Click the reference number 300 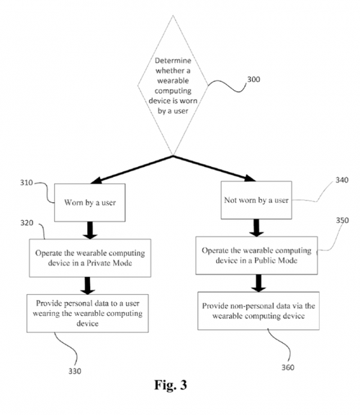tap(253, 79)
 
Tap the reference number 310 tap(27, 183)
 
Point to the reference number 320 tap(27, 223)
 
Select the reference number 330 tap(75, 371)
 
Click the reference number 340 tap(342, 180)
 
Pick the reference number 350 tap(342, 220)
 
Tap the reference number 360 tap(288, 368)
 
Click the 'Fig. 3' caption tap(171, 385)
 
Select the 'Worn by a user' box tap(90, 203)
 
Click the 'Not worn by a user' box tap(256, 200)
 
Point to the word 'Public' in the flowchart tap(265, 260)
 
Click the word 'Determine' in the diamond tap(173, 60)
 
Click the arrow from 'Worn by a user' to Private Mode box tap(90, 230)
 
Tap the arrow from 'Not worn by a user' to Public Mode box tap(256, 228)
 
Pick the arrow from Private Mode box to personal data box tap(88, 286)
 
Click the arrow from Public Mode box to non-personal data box tap(258, 283)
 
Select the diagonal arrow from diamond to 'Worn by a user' tap(132, 170)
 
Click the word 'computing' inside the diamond tap(173, 91)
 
